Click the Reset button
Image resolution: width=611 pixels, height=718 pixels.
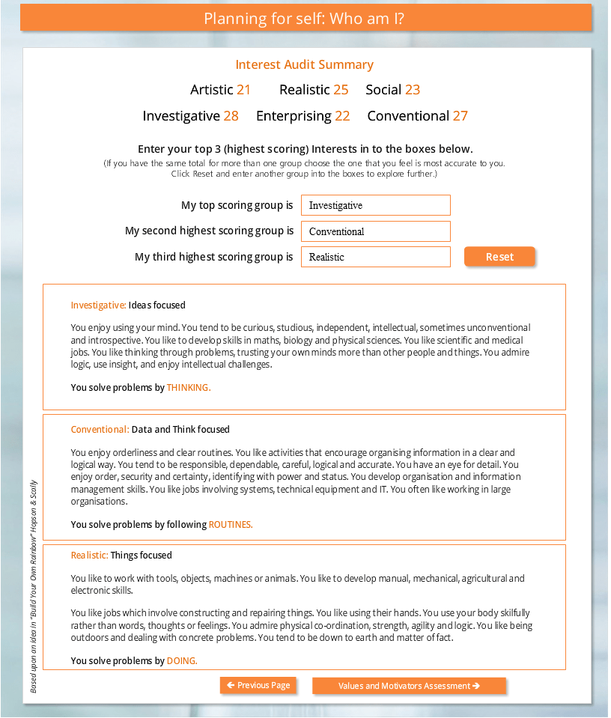[499, 257]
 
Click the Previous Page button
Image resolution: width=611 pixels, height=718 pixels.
[258, 686]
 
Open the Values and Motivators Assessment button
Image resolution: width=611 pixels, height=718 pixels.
[409, 686]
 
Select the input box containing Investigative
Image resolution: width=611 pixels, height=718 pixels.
[375, 205]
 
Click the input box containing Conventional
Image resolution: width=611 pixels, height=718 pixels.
[375, 231]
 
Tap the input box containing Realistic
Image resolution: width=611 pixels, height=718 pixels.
[375, 257]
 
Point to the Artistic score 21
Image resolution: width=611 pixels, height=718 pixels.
[243, 90]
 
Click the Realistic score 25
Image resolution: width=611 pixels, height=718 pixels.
[341, 90]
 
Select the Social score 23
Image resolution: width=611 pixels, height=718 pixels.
[413, 90]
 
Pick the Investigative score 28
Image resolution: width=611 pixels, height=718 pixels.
[231, 116]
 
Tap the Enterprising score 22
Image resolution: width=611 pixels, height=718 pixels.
[342, 116]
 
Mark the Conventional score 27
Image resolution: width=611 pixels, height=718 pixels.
[460, 116]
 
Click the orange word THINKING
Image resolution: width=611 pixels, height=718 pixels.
[189, 388]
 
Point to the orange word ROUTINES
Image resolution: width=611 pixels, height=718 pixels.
[231, 525]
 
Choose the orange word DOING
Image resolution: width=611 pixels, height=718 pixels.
[182, 661]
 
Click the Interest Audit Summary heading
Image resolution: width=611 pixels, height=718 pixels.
[305, 65]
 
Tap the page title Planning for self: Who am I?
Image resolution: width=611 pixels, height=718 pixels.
[305, 19]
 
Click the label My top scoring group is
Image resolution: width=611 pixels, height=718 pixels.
[237, 205]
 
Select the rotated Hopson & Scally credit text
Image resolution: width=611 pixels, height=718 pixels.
[34, 586]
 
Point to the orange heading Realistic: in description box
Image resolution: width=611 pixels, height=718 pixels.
[90, 556]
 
